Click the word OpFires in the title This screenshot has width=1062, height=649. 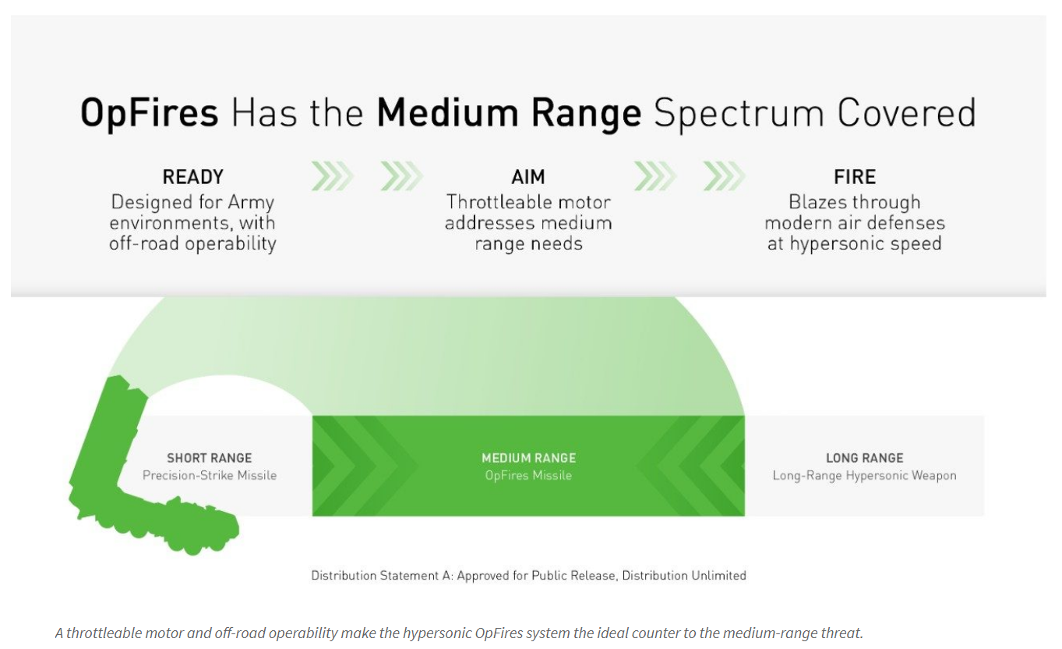tap(150, 114)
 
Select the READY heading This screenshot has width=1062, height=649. tap(193, 177)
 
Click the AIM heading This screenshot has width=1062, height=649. tap(528, 177)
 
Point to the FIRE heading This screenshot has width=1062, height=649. tap(855, 177)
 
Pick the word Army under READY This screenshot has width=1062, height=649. tap(251, 203)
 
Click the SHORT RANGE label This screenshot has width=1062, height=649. tap(209, 458)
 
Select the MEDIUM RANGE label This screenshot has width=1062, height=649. tap(528, 458)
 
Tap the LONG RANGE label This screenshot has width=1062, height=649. tap(865, 458)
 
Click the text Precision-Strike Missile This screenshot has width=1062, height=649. tap(210, 475)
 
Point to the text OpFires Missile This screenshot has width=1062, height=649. tap(528, 476)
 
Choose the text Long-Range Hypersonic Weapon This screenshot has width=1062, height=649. tap(864, 476)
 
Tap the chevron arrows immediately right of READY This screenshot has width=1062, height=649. tap(333, 176)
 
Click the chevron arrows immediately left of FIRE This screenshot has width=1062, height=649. tap(724, 176)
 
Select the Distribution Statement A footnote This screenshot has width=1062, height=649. tap(528, 576)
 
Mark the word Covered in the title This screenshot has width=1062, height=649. tap(906, 114)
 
